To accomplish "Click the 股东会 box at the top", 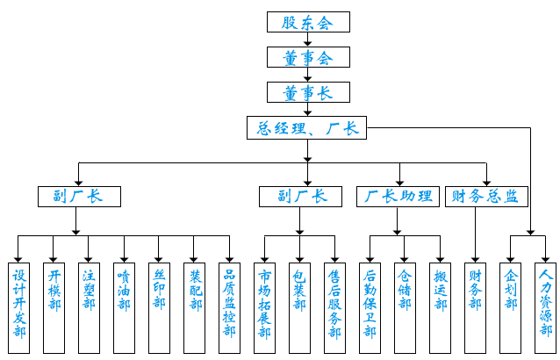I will (308, 22).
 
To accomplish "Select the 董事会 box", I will (308, 58).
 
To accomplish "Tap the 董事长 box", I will (308, 92).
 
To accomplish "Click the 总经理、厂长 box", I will (307, 128).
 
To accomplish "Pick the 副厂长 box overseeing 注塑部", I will (78, 196).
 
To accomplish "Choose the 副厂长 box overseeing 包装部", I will (301, 196).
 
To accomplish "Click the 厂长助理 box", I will (398, 196).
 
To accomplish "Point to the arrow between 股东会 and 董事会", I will (308, 40).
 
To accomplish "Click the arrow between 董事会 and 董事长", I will (308, 76).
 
